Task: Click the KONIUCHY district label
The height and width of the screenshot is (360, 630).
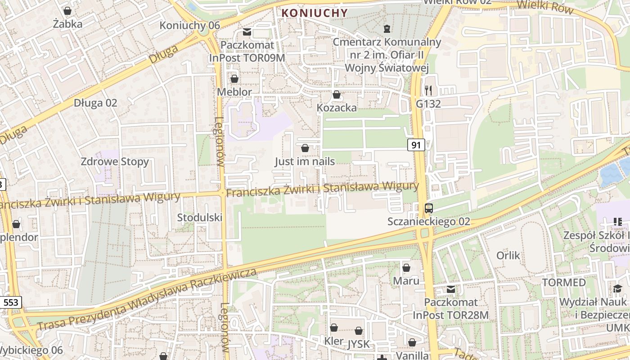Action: pos(315,13)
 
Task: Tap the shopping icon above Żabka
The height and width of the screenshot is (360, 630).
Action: pos(67,10)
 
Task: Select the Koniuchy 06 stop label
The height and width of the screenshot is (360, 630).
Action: pos(189,25)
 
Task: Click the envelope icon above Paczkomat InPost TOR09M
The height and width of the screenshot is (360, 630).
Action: pos(247,32)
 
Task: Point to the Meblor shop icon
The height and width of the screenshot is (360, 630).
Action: pos(234,79)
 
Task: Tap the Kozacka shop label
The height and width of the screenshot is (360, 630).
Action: pos(337,108)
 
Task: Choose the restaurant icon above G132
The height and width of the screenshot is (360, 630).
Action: pos(428,90)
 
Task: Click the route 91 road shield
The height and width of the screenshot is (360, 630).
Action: pos(416,145)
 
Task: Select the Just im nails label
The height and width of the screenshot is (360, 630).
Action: pos(305,161)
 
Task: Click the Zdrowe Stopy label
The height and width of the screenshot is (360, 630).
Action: pos(115,162)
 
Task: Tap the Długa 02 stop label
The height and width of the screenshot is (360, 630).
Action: pos(95,103)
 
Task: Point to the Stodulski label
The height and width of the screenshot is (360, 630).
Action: pos(200,217)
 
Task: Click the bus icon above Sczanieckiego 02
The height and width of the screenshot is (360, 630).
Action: pos(429,208)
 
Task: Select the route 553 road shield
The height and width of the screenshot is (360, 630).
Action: pos(11,302)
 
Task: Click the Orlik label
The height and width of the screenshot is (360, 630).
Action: pos(508,256)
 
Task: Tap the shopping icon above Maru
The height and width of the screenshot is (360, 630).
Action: pos(406,268)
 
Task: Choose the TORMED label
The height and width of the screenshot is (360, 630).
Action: pos(564,283)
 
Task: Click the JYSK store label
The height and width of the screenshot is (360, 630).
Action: pos(359,344)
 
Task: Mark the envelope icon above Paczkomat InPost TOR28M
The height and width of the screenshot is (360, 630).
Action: pos(450,289)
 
